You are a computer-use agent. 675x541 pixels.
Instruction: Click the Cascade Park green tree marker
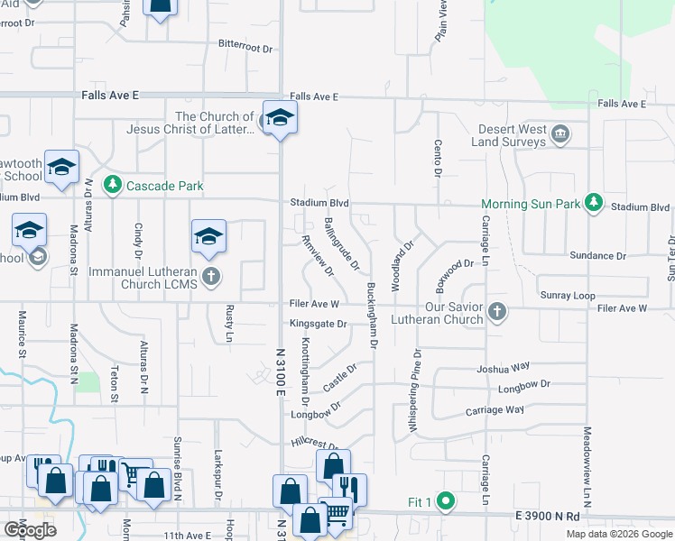(x=112, y=185)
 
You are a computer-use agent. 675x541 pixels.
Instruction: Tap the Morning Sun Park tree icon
(x=594, y=203)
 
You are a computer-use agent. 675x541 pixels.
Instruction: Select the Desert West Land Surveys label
(x=509, y=135)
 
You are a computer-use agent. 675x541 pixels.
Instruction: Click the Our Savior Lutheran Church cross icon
(x=495, y=312)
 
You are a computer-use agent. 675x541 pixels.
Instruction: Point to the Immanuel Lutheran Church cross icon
(x=211, y=276)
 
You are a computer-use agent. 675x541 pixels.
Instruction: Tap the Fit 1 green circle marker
(x=444, y=500)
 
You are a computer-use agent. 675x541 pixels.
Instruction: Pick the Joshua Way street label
(x=503, y=368)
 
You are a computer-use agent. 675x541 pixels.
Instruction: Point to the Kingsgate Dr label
(x=318, y=324)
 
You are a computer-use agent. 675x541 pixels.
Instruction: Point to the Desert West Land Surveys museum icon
(x=559, y=135)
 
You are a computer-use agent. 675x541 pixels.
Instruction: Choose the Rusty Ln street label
(x=229, y=324)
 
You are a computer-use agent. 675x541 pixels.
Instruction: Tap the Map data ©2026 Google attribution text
(x=618, y=534)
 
